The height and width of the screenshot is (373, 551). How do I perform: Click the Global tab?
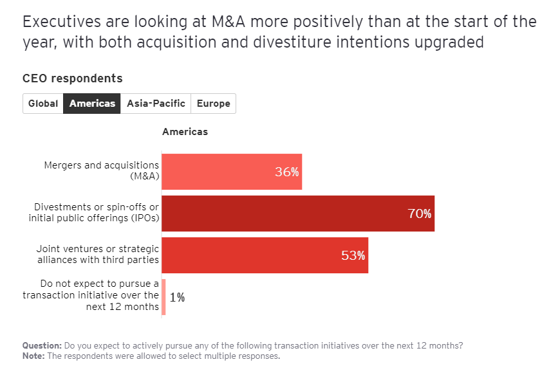(43, 104)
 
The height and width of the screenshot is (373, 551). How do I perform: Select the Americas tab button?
(92, 104)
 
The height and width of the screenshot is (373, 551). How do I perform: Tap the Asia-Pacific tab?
(156, 104)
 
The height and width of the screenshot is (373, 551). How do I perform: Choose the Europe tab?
(213, 104)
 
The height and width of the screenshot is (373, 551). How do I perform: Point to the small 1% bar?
(163, 297)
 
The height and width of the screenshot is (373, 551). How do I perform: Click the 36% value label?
(287, 172)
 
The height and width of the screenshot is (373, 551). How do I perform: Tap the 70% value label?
(420, 214)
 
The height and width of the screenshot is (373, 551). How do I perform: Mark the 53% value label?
(353, 256)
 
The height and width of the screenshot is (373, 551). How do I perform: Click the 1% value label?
(178, 298)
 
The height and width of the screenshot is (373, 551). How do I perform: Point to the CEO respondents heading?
(72, 78)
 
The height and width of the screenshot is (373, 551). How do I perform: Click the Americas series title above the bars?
(185, 132)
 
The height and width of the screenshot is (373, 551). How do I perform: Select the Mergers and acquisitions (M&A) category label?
(101, 170)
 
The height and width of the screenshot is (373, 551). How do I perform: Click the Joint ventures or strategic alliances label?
(98, 254)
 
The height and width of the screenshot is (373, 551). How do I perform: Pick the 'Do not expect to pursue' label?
(91, 295)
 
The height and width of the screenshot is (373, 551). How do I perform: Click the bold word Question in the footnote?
(42, 345)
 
